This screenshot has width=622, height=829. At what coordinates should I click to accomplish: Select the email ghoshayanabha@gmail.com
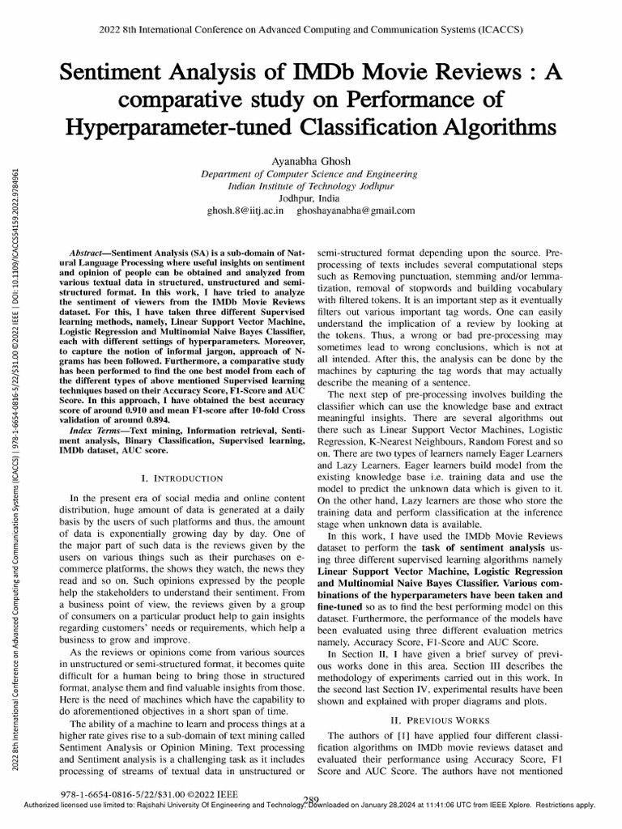pos(356,210)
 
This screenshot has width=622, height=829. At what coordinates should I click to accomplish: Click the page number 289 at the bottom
pos(311,800)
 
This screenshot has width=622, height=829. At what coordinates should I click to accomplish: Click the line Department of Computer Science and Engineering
pos(311,174)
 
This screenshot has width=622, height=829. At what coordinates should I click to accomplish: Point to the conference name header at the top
pos(311,29)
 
